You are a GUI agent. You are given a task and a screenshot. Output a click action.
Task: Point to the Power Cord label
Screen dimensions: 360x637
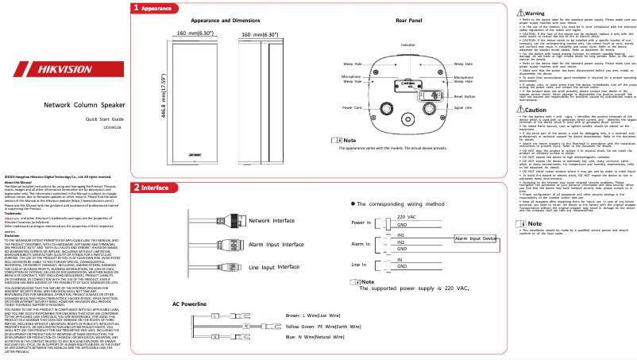(353, 129)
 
